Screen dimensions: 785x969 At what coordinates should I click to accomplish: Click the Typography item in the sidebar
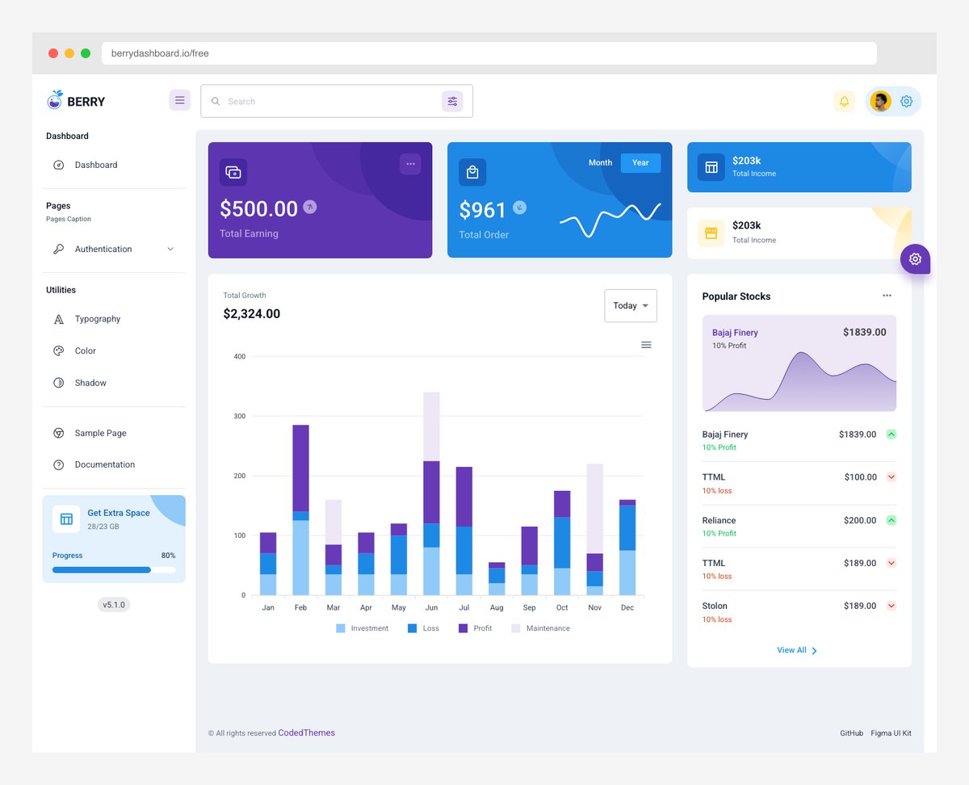(97, 319)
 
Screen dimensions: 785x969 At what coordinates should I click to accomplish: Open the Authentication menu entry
(103, 250)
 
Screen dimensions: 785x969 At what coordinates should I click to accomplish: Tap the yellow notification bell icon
(844, 102)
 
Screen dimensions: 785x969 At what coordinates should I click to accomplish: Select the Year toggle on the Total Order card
(640, 163)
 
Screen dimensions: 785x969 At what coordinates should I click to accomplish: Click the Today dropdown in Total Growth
(630, 306)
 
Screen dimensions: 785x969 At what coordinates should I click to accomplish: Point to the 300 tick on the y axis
(240, 416)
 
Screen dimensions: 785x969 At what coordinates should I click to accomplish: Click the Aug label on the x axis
(497, 607)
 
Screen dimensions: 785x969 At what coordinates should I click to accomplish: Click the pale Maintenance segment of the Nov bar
(595, 508)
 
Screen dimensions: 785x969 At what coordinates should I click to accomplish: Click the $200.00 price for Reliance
(859, 520)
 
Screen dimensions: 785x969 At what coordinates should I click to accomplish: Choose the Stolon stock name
(715, 606)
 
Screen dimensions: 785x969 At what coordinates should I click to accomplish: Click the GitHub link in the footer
(851, 733)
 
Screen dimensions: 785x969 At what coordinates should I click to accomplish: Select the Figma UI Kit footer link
(891, 733)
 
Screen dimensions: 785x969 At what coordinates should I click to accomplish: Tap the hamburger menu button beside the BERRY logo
(179, 101)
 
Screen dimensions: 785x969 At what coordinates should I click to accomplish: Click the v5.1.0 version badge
(114, 604)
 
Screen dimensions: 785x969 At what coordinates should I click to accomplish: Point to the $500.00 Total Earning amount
(258, 209)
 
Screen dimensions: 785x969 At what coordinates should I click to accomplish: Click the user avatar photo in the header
(880, 102)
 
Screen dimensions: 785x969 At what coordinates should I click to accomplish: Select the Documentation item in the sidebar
(104, 464)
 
